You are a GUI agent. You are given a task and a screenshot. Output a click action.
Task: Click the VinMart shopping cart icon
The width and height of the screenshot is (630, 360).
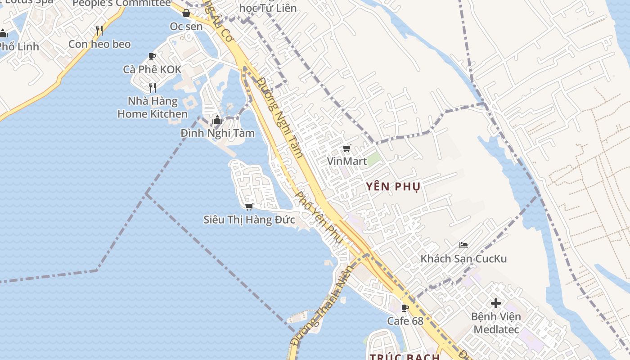(346, 148)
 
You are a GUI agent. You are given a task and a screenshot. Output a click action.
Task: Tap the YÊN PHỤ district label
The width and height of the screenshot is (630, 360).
(393, 187)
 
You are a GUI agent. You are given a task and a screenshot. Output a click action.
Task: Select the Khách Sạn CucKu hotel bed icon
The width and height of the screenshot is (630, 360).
(463, 245)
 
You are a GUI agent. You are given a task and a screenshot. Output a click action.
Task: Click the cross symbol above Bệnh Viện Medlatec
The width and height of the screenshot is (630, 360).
(496, 303)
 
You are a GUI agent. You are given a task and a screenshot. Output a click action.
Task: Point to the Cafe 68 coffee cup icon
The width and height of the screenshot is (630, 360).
(405, 308)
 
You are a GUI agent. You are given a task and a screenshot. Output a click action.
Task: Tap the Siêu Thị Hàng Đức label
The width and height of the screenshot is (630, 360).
(249, 220)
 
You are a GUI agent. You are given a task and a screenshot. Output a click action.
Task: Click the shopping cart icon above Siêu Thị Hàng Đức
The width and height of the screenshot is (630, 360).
(249, 207)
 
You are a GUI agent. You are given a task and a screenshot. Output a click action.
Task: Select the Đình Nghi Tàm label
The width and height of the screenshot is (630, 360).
(217, 133)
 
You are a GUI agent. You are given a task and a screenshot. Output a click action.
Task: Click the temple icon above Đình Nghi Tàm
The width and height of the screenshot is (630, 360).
(217, 120)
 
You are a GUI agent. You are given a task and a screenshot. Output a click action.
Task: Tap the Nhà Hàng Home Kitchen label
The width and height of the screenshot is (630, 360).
(153, 108)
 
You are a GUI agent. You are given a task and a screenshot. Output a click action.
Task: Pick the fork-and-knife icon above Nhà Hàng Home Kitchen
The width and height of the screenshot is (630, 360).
(153, 87)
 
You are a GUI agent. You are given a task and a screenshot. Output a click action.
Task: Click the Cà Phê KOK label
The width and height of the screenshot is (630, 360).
(152, 70)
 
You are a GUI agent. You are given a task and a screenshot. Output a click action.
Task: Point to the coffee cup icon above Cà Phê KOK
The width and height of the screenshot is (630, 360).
(152, 56)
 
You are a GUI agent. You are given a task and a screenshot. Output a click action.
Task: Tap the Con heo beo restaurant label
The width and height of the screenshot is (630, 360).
(99, 44)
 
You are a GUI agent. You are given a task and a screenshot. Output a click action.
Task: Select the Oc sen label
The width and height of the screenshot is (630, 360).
(186, 27)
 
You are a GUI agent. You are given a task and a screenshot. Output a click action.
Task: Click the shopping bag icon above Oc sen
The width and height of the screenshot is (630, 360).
(186, 13)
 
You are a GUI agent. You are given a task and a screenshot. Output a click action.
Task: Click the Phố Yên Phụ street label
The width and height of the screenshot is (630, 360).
(319, 218)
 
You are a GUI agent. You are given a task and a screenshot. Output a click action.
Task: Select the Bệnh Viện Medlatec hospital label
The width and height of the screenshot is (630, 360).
(496, 323)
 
